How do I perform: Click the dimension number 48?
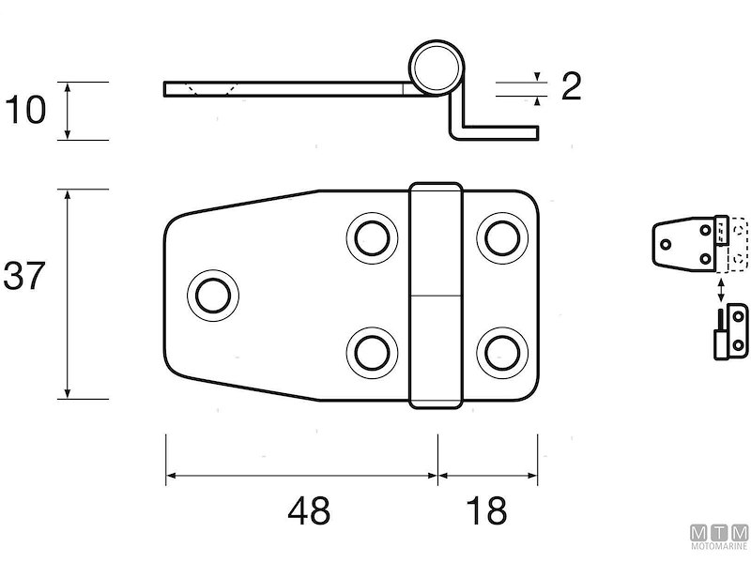click(309, 510)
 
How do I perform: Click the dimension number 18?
click(486, 510)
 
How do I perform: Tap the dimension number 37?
click(24, 276)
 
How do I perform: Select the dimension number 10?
click(25, 110)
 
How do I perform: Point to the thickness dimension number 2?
click(571, 86)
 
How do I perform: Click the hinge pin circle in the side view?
click(436, 67)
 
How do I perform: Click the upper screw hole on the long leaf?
click(372, 238)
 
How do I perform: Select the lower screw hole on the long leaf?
click(372, 353)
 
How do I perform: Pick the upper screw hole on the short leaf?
click(502, 238)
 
